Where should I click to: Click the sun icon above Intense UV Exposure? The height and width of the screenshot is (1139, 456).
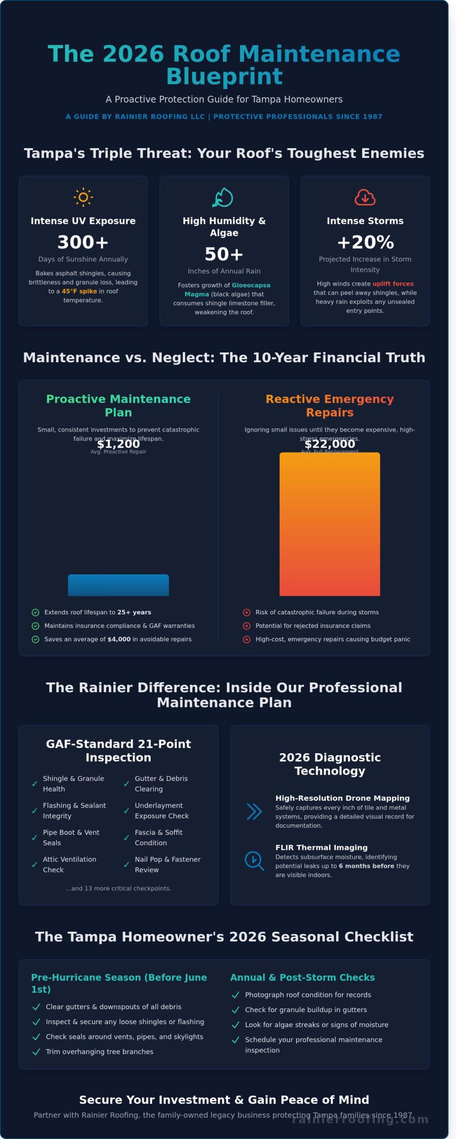(83, 197)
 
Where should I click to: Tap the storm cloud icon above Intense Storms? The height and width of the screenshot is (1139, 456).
(365, 197)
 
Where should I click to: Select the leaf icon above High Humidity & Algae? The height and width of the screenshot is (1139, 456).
(224, 197)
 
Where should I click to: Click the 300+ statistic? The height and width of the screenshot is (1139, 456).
(83, 242)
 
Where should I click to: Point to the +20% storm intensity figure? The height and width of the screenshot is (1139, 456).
(365, 242)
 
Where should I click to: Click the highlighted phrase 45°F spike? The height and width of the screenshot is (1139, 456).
(79, 291)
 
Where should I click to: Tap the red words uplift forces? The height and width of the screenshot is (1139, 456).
(393, 284)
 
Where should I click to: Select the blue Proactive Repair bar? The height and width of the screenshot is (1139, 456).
(118, 585)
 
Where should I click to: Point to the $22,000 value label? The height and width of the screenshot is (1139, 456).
(329, 444)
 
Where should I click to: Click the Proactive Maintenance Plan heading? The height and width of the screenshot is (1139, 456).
(118, 405)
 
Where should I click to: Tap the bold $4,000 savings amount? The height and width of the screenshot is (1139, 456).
(119, 639)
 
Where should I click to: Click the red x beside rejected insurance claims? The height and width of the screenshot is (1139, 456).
(247, 626)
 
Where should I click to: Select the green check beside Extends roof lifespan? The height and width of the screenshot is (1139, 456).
(36, 613)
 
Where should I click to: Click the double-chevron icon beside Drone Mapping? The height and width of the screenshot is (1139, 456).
(254, 812)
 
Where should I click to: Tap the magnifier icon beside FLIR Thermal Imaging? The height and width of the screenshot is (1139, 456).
(254, 860)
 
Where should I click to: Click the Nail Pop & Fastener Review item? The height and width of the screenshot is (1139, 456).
(167, 864)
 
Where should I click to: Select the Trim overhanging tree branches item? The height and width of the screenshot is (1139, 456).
(99, 1052)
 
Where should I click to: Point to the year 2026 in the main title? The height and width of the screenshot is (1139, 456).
(133, 54)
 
